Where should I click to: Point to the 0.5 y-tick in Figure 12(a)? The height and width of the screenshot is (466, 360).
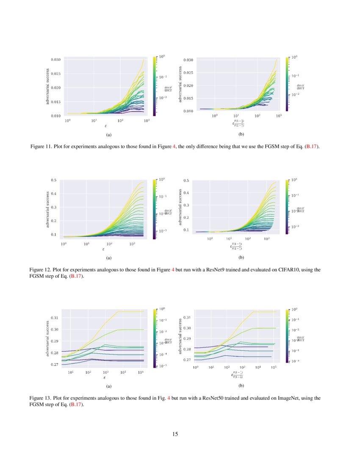pyautogui.click(x=54, y=180)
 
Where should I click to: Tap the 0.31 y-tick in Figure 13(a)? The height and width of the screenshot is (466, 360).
pyautogui.click(x=54, y=317)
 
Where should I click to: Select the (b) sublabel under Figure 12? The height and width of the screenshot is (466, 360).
pyautogui.click(x=241, y=258)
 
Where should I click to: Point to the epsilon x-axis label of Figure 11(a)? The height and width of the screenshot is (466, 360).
pyautogui.click(x=105, y=126)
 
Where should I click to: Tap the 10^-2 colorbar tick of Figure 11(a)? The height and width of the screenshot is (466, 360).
pyautogui.click(x=163, y=97)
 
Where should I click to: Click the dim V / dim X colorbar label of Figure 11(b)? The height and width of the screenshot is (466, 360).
pyautogui.click(x=301, y=87)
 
